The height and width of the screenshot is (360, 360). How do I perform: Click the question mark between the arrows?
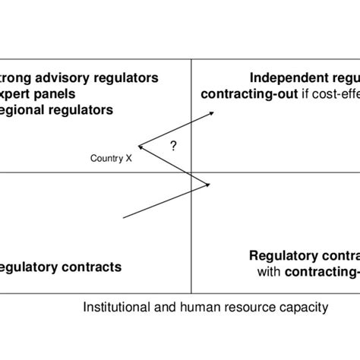174,146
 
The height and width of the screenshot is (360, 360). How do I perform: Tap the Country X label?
111,158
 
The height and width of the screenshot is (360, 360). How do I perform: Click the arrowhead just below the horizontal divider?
207,183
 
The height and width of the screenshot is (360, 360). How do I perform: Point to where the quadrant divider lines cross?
191,172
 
